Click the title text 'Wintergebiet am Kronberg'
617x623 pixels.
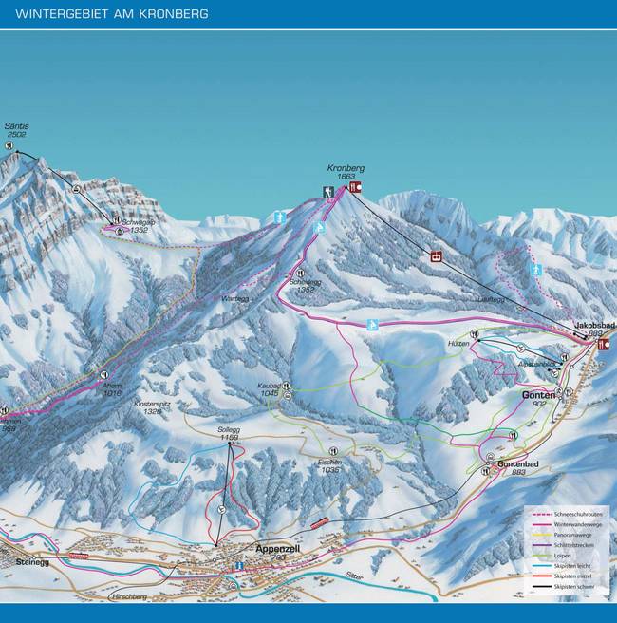112,14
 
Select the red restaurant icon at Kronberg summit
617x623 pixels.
355,188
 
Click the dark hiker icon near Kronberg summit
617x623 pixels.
328,192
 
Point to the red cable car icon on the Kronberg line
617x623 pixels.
437,255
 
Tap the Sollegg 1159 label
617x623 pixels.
229,433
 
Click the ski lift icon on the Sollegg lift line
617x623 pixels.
221,509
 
